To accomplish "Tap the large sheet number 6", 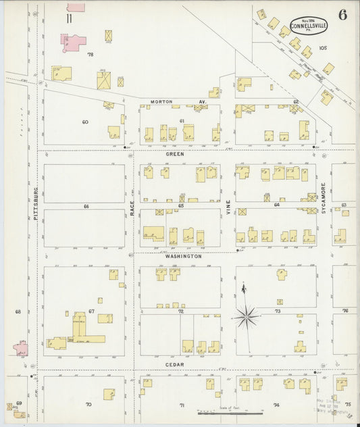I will tap(342, 16).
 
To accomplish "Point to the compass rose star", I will tap(247, 314).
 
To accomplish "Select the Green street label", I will tap(175, 154).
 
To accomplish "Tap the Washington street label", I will tap(183, 257).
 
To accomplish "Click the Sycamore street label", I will tap(324, 196).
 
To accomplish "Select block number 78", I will tap(90, 54).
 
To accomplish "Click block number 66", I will tap(86, 206).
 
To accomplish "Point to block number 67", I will tap(91, 311).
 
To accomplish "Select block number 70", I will tap(88, 405).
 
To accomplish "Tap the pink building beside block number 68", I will tap(21, 349).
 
